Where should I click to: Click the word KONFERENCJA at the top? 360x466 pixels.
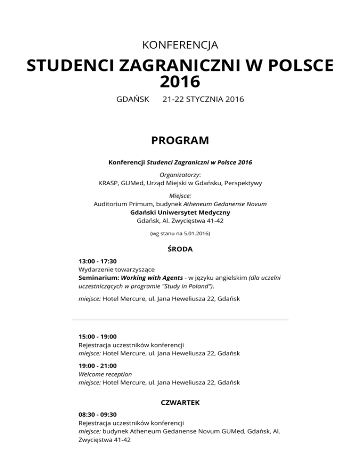click(180, 45)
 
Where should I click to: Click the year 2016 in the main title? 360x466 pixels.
click(180, 82)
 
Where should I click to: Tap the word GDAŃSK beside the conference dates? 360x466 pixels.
click(132, 99)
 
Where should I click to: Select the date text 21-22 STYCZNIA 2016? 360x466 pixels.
click(203, 99)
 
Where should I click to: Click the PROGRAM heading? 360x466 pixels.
click(180, 141)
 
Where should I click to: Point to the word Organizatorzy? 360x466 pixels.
click(180, 174)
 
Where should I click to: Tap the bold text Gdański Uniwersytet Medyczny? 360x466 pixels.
click(180, 212)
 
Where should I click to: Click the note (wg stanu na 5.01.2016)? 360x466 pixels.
click(180, 233)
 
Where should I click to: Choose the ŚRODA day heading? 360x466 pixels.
click(180, 249)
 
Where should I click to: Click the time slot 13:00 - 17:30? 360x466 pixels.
click(97, 261)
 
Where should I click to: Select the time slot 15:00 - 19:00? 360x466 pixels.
click(97, 336)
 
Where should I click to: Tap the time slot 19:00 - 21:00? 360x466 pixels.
click(97, 366)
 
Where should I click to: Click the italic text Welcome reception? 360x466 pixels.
click(105, 374)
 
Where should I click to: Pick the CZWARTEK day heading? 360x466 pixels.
click(180, 402)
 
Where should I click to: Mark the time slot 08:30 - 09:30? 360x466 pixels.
click(97, 414)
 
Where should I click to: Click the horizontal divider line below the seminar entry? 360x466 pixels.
click(180, 320)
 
